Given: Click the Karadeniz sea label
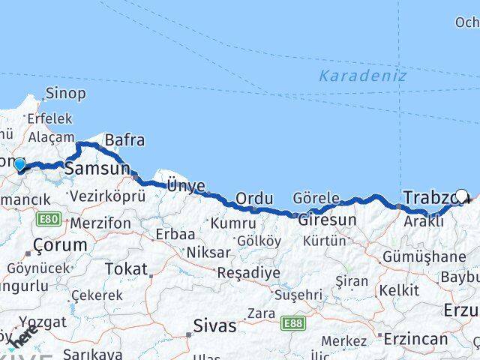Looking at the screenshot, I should (362, 76).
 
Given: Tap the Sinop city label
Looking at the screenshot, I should (65, 94).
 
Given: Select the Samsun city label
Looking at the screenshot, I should (97, 169).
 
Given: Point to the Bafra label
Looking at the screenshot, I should (124, 140).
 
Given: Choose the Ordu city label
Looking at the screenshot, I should (253, 199).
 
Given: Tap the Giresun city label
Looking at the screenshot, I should (327, 220).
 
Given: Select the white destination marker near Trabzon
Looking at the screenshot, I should (462, 196).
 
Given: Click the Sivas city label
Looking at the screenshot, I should (214, 326).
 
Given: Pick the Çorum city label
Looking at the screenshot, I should (60, 245).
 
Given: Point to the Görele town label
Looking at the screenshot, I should (316, 199).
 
